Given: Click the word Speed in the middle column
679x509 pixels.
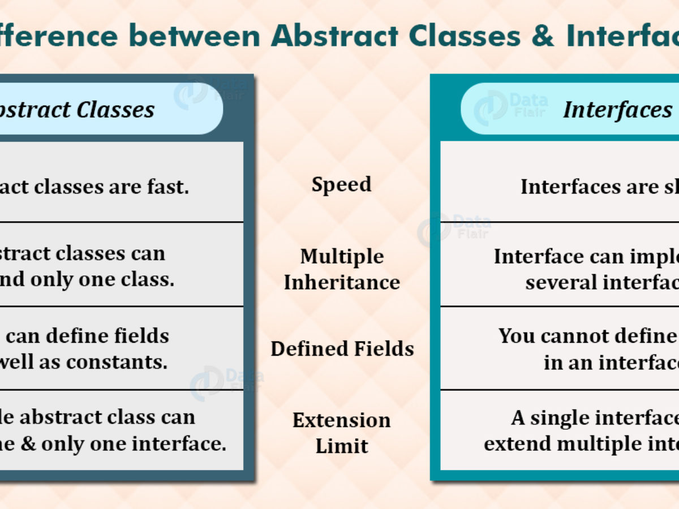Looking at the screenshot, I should click(x=341, y=185).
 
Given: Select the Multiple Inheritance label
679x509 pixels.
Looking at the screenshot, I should click(x=342, y=269).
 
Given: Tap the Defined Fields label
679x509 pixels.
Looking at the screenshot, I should click(x=342, y=349).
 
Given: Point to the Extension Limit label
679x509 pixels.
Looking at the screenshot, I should click(x=341, y=433).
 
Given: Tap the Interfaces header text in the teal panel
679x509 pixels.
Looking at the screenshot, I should click(x=617, y=109).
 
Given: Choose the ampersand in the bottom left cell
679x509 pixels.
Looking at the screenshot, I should click(x=32, y=444).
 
